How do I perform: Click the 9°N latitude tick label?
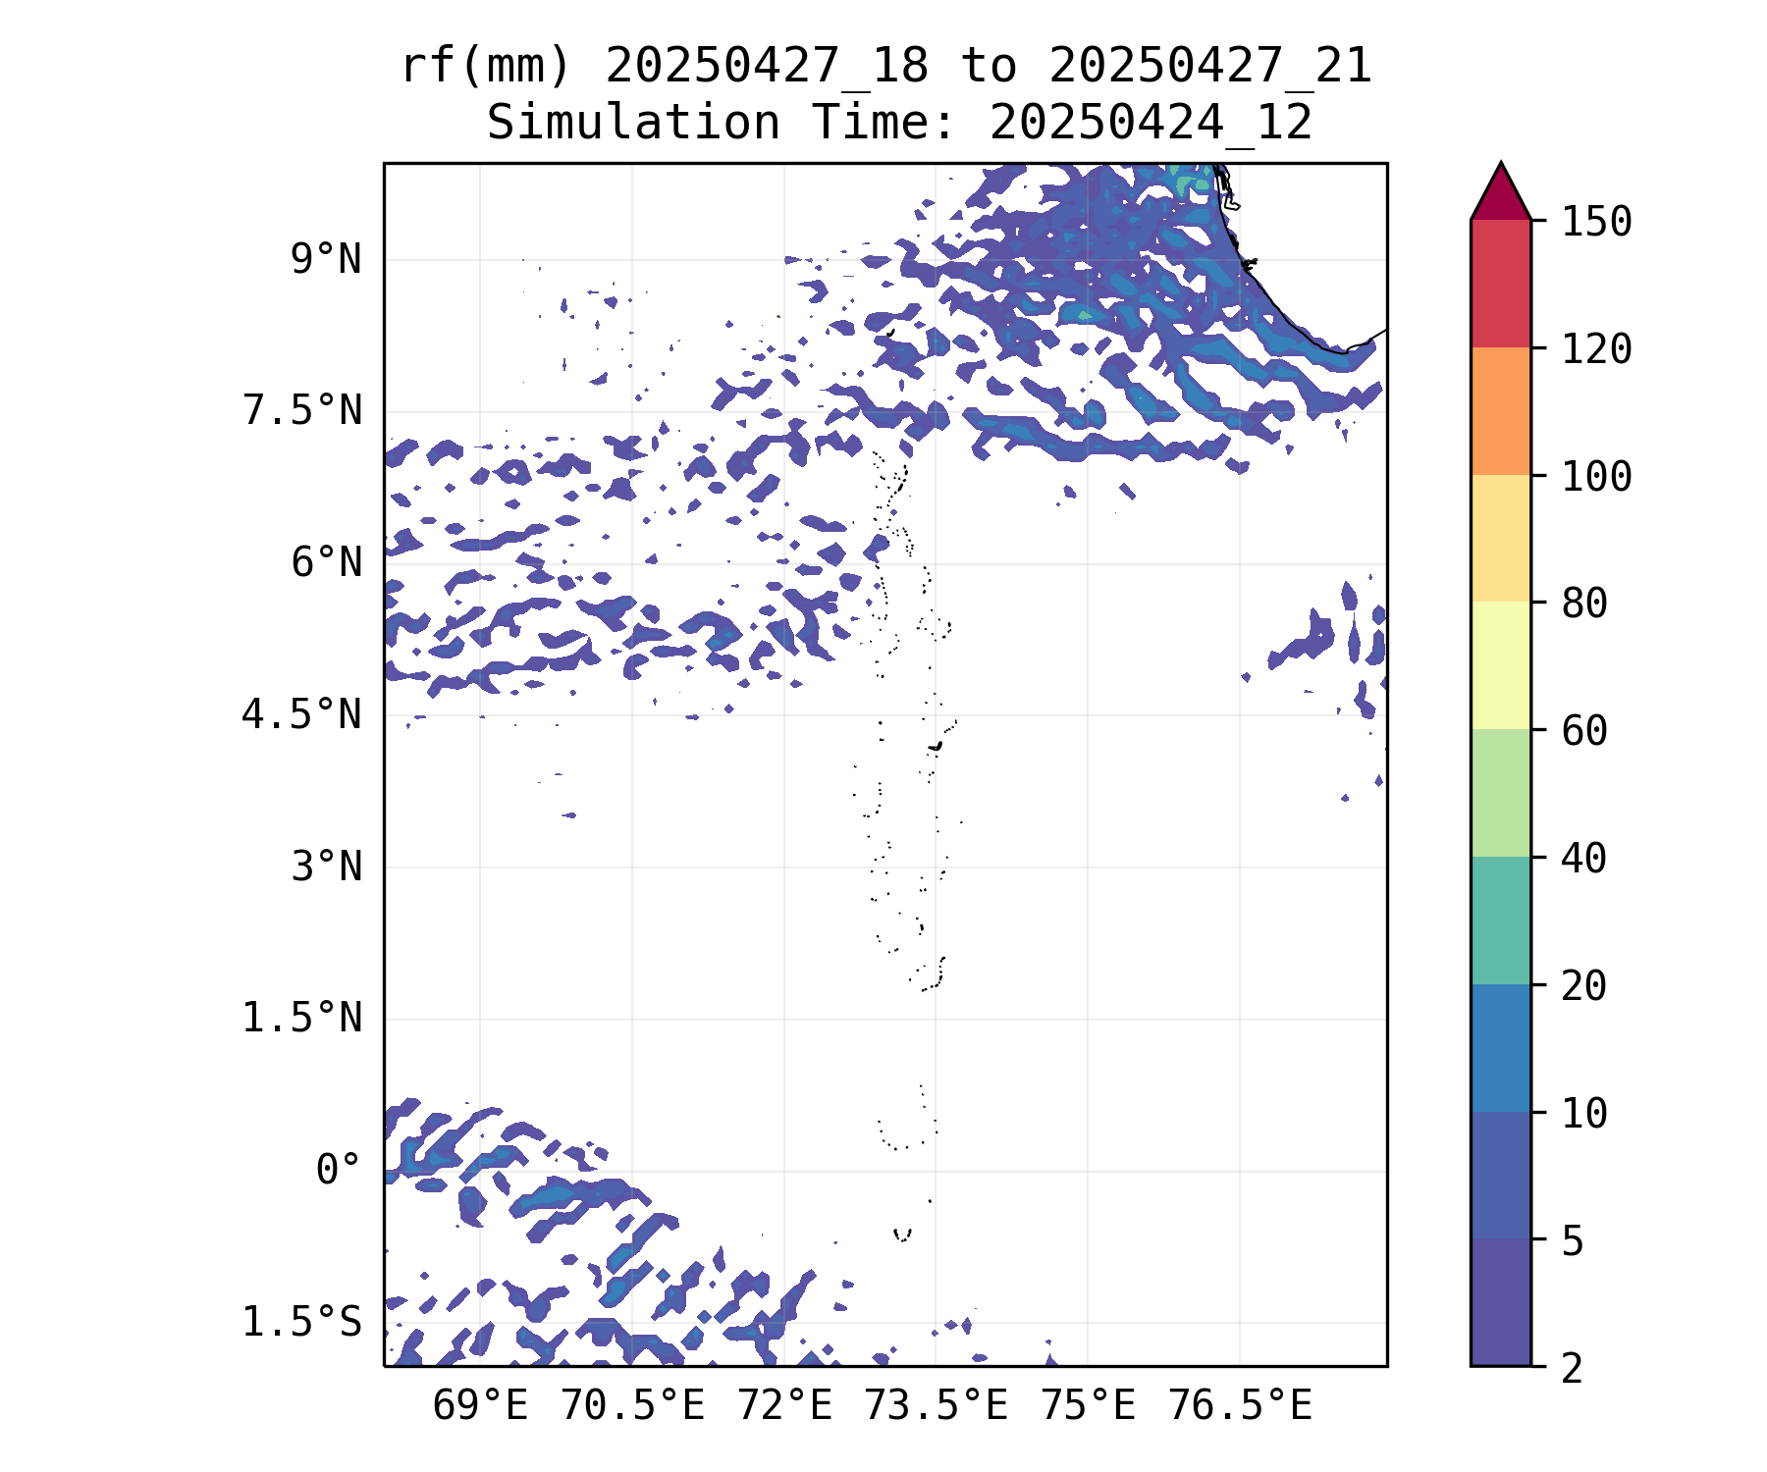(326, 260)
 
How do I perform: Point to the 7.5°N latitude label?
(302, 411)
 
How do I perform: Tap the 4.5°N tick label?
(302, 715)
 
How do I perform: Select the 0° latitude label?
(339, 1170)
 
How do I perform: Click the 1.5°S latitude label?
(302, 1323)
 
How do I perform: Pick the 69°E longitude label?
(480, 1406)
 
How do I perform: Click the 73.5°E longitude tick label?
(936, 1406)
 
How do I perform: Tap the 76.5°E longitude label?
(1240, 1406)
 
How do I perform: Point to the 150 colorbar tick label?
(1596, 222)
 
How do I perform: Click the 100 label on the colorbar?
(1596, 477)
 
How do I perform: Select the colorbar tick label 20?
(1584, 986)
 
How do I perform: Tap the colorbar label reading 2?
(1573, 1368)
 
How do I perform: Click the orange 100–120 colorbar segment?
(1500, 411)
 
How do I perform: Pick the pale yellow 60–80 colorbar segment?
(1500, 665)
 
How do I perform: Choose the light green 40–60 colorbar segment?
(1500, 793)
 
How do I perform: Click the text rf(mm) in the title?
(486, 67)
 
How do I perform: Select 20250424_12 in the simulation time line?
(1151, 124)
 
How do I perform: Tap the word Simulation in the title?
(633, 124)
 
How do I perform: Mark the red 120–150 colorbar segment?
(1500, 284)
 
